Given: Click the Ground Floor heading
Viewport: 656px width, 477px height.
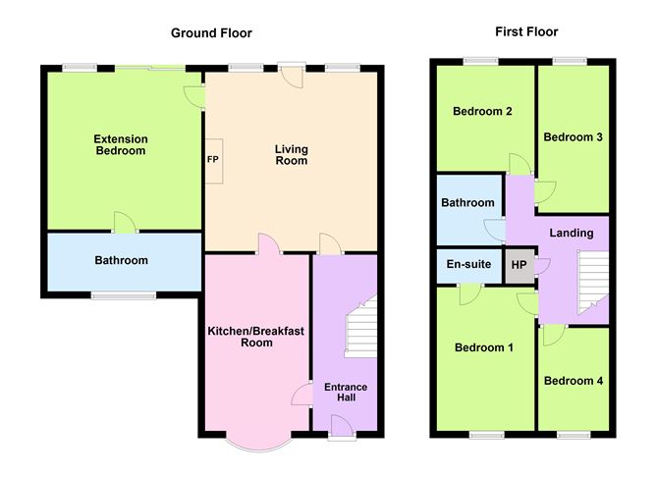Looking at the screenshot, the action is [x=211, y=33].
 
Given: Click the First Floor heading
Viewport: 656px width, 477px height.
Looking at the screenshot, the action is [x=526, y=31].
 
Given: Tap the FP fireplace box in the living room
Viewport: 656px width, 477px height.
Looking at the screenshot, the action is [x=213, y=161].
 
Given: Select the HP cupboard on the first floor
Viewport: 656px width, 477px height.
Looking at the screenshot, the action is [x=519, y=266].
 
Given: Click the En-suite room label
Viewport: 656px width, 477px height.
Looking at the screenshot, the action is [x=468, y=264].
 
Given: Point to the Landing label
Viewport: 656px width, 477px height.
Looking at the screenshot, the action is [x=572, y=233].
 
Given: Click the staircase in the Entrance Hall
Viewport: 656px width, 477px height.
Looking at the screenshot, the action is [x=360, y=327].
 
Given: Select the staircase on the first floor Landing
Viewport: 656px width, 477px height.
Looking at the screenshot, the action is [x=593, y=283].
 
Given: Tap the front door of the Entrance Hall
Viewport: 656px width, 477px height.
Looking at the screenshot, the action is [x=342, y=427].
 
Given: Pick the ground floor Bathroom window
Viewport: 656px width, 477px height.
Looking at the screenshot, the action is [x=124, y=296].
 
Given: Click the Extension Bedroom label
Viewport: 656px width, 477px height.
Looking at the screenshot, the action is [x=121, y=144].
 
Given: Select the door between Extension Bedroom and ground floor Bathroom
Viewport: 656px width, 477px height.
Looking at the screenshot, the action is [x=125, y=223].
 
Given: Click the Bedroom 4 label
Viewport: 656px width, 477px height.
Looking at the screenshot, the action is [x=574, y=381].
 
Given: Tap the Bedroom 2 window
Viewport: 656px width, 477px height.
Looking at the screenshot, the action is [x=480, y=62].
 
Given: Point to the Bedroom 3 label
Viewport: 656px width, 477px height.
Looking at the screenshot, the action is [x=573, y=137].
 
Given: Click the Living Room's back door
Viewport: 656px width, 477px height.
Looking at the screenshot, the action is [x=292, y=76].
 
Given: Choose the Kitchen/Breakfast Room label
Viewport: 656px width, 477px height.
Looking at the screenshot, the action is [x=256, y=337].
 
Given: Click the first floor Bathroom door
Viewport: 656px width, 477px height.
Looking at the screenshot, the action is [x=495, y=230].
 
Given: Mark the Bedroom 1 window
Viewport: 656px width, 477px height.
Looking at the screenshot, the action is [x=486, y=435].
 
